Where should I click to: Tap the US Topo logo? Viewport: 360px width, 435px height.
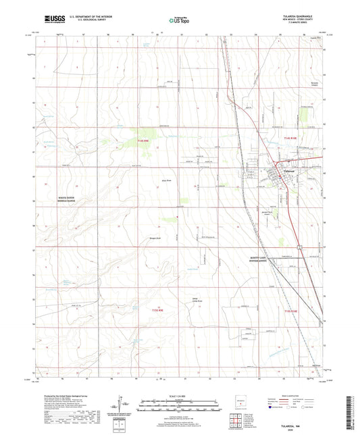point(178,20)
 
